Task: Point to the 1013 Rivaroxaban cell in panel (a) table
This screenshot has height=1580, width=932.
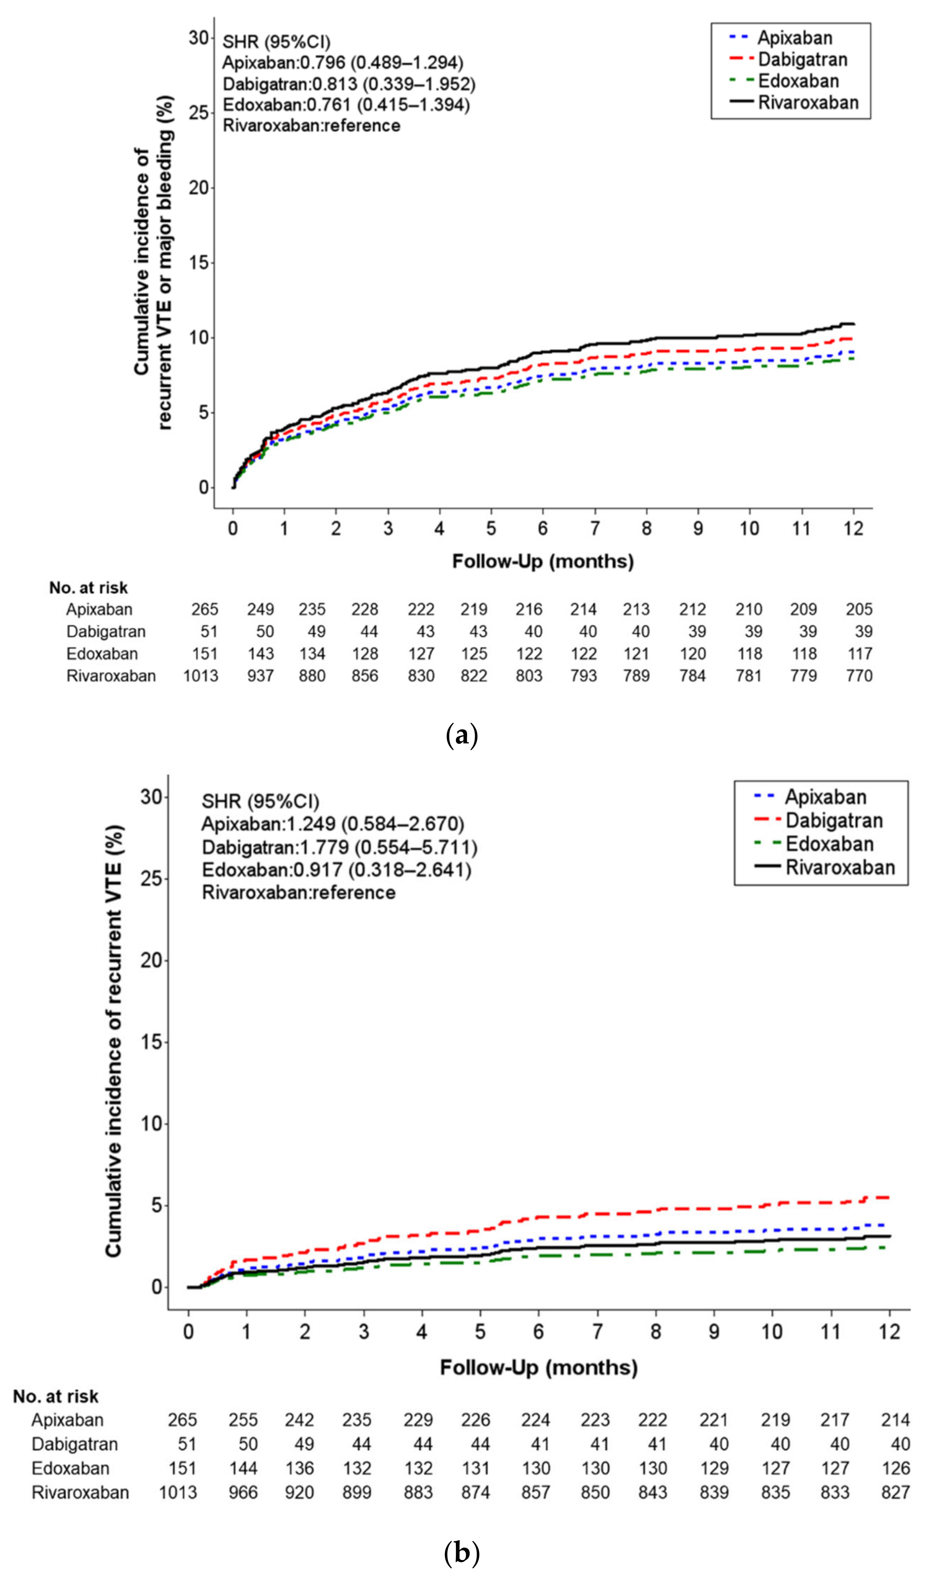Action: tap(201, 676)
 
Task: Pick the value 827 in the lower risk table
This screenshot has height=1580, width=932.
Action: tap(895, 1492)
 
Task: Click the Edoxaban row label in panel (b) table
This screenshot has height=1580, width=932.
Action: tap(70, 1468)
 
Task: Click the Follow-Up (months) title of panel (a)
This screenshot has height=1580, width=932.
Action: tap(543, 561)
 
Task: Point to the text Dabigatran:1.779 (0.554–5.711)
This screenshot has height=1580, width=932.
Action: tap(339, 848)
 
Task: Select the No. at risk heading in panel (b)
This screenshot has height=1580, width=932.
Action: tap(56, 1397)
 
